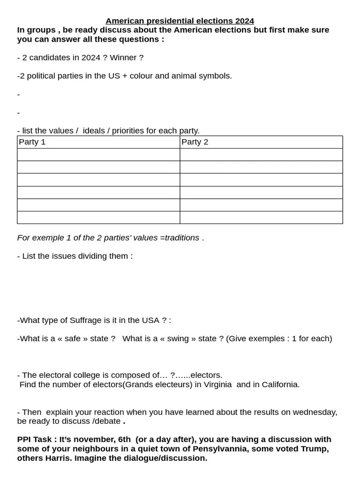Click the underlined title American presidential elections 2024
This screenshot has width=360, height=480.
[x=180, y=21]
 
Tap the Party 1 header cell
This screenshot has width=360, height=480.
[x=98, y=142]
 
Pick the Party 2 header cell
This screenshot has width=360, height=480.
[x=261, y=142]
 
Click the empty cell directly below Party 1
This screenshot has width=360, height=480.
[x=98, y=155]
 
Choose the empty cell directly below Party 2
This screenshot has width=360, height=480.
[x=261, y=155]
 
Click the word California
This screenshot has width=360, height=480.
[x=278, y=384]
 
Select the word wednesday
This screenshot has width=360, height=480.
[x=314, y=412]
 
